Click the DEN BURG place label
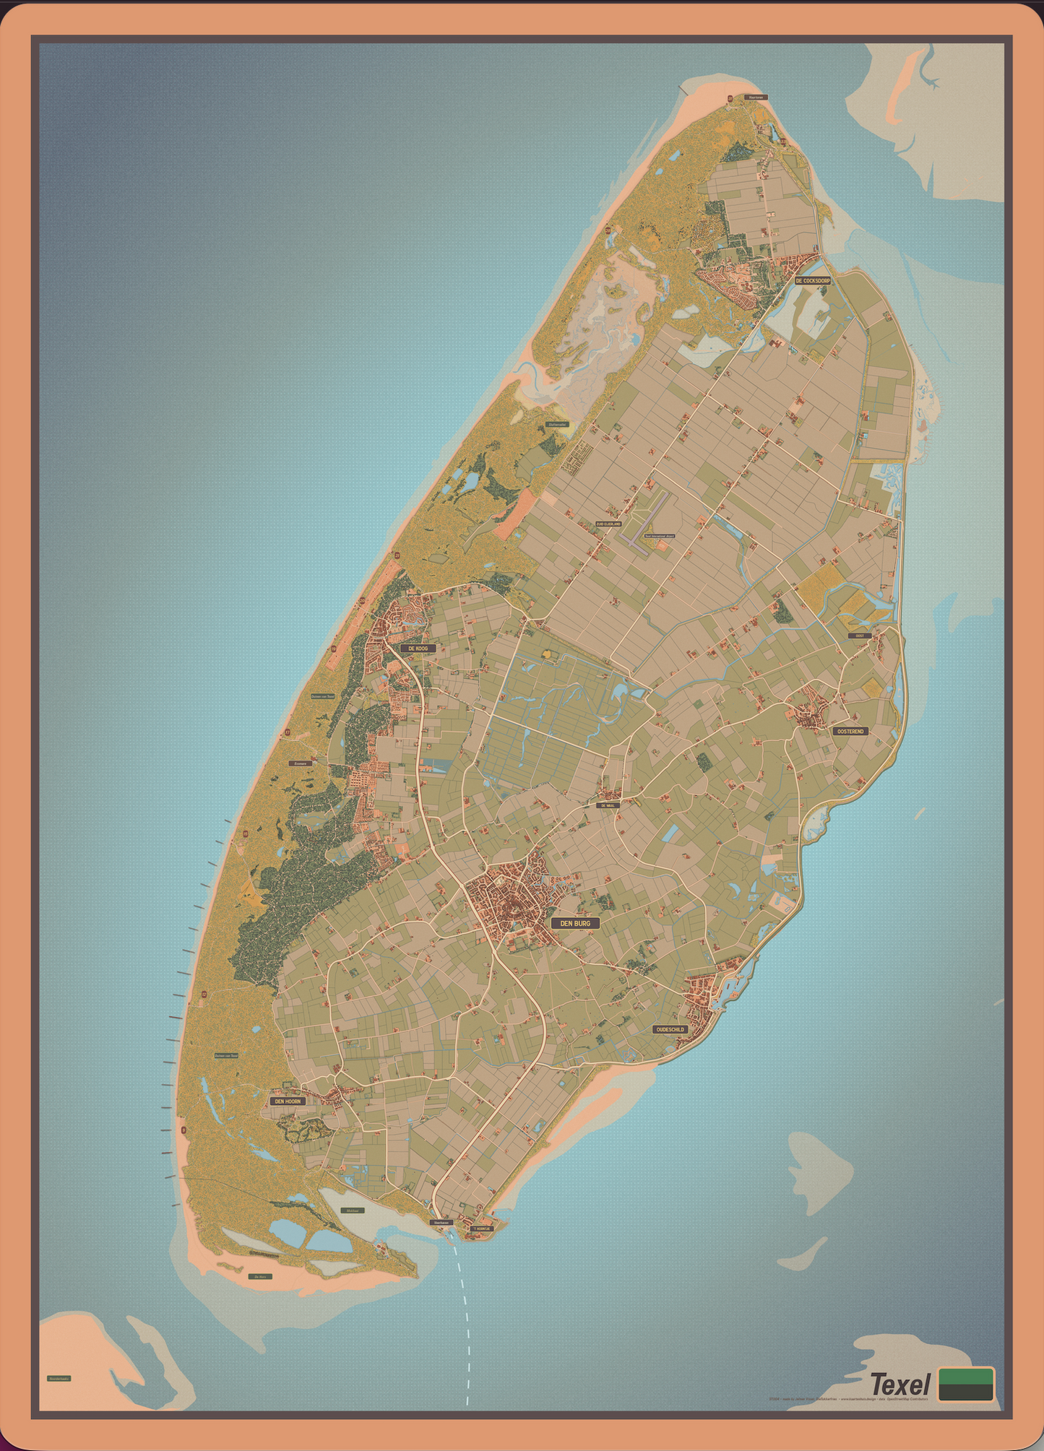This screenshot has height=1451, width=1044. pyautogui.click(x=575, y=923)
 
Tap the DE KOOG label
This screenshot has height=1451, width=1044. pyautogui.click(x=418, y=649)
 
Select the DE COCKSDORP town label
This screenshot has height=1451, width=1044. pyautogui.click(x=812, y=280)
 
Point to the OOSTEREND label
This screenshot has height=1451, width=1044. pyautogui.click(x=850, y=731)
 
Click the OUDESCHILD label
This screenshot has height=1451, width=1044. pyautogui.click(x=669, y=1029)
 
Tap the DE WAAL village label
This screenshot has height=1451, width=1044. pyautogui.click(x=608, y=805)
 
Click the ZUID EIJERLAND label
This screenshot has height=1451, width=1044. pyautogui.click(x=608, y=524)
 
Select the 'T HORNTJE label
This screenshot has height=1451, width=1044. pyautogui.click(x=481, y=1228)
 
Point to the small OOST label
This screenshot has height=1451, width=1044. pyautogui.click(x=859, y=636)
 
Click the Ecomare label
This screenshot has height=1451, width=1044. pyautogui.click(x=301, y=763)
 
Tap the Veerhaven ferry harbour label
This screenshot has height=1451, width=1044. pyautogui.click(x=441, y=1223)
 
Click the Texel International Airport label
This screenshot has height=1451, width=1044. pyautogui.click(x=659, y=536)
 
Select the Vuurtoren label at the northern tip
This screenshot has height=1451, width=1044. pyautogui.click(x=756, y=97)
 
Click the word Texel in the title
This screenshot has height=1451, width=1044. pyautogui.click(x=900, y=1385)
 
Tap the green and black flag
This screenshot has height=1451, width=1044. pyautogui.click(x=965, y=1384)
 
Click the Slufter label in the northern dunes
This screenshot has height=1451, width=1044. pyautogui.click(x=557, y=425)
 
